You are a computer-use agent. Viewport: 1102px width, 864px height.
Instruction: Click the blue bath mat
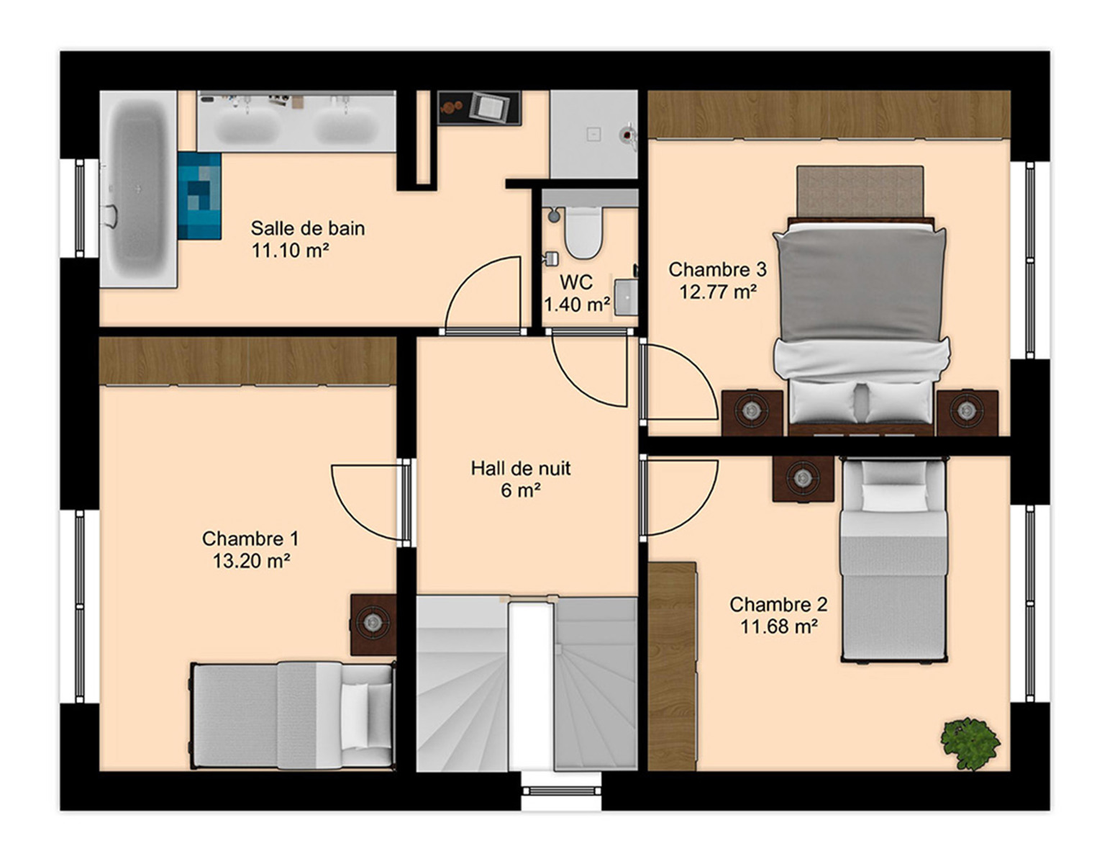[199, 195]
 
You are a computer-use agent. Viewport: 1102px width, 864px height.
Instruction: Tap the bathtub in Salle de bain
[138, 189]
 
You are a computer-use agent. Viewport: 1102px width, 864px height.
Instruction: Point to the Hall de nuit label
[520, 468]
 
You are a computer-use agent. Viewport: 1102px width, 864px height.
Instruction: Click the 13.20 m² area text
[251, 561]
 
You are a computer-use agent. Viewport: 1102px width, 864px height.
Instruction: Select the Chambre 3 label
[718, 269]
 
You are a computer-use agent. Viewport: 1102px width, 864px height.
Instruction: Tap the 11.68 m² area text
[778, 627]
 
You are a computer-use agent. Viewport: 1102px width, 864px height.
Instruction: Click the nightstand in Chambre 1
[373, 625]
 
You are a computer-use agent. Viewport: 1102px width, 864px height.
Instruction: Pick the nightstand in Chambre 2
[803, 479]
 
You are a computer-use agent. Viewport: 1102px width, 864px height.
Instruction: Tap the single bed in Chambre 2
[893, 559]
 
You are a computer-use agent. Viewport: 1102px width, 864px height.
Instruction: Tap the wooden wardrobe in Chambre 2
[671, 666]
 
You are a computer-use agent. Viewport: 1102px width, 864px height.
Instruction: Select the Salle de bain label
[308, 228]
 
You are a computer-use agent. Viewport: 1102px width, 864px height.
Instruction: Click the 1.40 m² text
[577, 305]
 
